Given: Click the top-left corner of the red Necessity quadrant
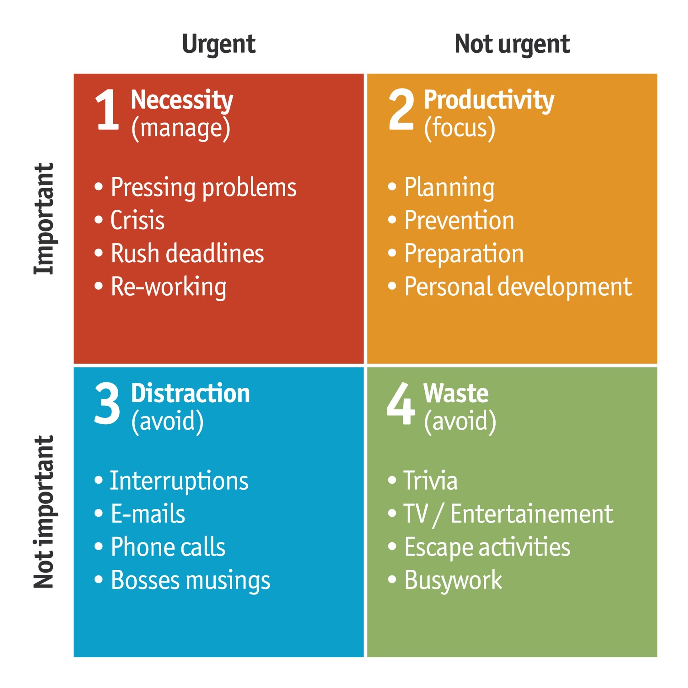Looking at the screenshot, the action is click(x=74, y=74).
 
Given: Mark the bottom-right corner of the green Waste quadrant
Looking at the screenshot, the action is click(x=657, y=657).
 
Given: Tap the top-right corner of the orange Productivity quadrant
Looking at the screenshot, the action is click(x=657, y=74).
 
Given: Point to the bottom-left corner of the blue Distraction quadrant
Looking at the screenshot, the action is click(x=74, y=657).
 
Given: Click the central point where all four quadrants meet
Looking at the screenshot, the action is click(x=365, y=365).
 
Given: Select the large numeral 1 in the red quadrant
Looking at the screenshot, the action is click(x=107, y=109).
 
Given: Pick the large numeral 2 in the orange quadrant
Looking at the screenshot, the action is click(x=401, y=109).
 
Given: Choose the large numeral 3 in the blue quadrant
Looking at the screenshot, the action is click(x=107, y=403).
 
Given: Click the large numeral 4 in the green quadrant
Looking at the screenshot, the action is click(x=401, y=403).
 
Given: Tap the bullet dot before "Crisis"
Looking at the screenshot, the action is click(x=99, y=219).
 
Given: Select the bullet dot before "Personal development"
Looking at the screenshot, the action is click(x=392, y=286).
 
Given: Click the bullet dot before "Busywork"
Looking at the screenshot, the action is click(x=392, y=579).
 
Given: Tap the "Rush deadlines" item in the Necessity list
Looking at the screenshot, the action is click(x=187, y=253).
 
